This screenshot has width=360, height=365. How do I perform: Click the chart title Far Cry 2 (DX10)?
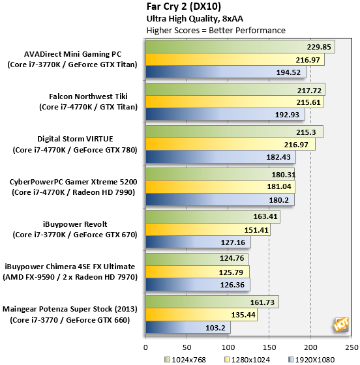point(183,7)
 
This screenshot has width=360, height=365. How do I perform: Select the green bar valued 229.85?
point(240,47)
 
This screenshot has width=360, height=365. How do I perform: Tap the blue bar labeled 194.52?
point(226,72)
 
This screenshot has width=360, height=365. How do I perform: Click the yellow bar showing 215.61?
point(235,102)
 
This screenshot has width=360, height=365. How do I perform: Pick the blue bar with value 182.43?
point(220,156)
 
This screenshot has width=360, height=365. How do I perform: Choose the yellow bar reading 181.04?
point(220,186)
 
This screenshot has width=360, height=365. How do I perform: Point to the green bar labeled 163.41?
point(213,216)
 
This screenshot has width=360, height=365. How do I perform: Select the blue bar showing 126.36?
point(198,285)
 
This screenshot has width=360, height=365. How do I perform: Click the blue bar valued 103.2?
point(188,327)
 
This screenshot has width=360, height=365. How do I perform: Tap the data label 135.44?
point(243,315)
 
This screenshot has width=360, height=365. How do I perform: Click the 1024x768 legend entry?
point(185,360)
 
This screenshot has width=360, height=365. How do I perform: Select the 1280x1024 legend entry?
point(247,360)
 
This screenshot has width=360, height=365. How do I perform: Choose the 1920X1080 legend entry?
point(312,360)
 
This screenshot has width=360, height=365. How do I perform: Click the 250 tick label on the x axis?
point(352,347)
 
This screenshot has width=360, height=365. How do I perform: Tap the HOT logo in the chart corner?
point(341,324)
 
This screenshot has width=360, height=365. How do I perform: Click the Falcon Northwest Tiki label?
point(88,96)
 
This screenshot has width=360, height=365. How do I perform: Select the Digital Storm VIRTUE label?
point(75,139)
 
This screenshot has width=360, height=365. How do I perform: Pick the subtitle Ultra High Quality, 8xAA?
point(194,19)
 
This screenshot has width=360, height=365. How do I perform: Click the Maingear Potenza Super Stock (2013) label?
point(70,309)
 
